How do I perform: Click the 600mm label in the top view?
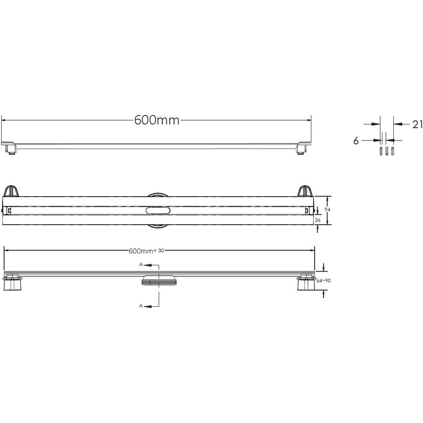pyautogui.click(x=157, y=120)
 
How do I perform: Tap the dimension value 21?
pyautogui.click(x=418, y=124)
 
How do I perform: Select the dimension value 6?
pyautogui.click(x=356, y=140)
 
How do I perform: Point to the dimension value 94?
pyautogui.click(x=327, y=210)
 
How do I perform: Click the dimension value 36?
pyautogui.click(x=318, y=220)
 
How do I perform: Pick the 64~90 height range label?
pyautogui.click(x=324, y=280)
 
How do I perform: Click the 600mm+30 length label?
pyautogui.click(x=146, y=251)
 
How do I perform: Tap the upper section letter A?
pyautogui.click(x=141, y=265)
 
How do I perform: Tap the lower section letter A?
pyautogui.click(x=141, y=306)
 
